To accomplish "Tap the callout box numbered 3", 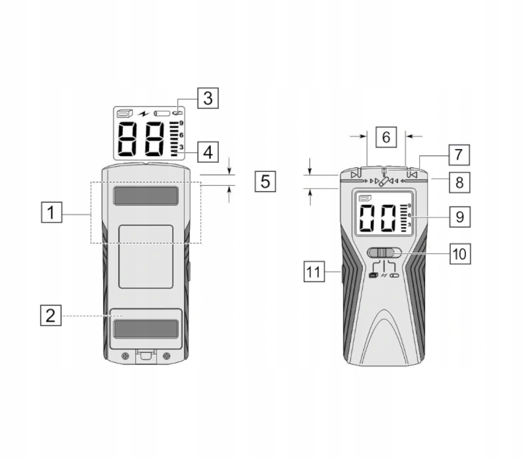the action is tap(208, 98).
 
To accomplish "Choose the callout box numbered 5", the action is tap(265, 181).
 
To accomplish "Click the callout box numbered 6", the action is tap(386, 137).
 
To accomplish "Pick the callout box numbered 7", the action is tap(459, 154).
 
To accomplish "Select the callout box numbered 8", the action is tap(459, 182).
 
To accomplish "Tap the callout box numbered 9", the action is tap(459, 217).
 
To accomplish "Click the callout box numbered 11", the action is tap(314, 271).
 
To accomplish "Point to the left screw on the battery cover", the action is tap(125, 355).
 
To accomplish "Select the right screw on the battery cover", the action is tap(166, 355).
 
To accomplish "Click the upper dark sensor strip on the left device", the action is tap(145, 195).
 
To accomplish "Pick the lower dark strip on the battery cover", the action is tap(145, 329).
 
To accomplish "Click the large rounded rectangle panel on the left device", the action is tap(146, 257).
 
